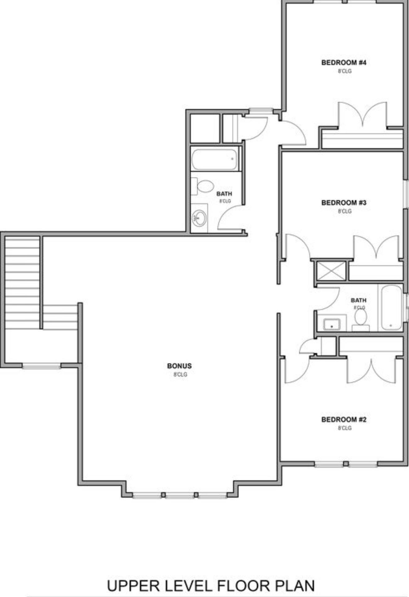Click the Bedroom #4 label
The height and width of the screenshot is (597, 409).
[x=344, y=63]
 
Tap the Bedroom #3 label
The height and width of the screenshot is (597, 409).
[x=344, y=203]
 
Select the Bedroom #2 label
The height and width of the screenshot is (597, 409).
[x=344, y=419]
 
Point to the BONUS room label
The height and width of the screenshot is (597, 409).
[x=179, y=366]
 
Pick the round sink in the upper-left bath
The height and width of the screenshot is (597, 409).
[x=199, y=218]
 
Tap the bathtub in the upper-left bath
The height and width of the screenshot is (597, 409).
[x=215, y=160]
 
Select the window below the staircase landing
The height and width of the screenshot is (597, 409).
[x=42, y=366]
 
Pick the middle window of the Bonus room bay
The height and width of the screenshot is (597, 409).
[x=179, y=495]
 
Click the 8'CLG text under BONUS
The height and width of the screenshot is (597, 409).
[x=180, y=375]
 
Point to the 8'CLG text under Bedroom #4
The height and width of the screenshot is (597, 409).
[x=345, y=71]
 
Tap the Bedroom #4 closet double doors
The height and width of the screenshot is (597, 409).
[x=363, y=115]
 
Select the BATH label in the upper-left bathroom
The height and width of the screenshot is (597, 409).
[x=224, y=194]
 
